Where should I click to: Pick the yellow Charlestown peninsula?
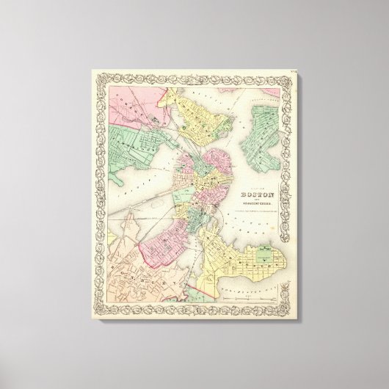pyautogui.click(x=197, y=121)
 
